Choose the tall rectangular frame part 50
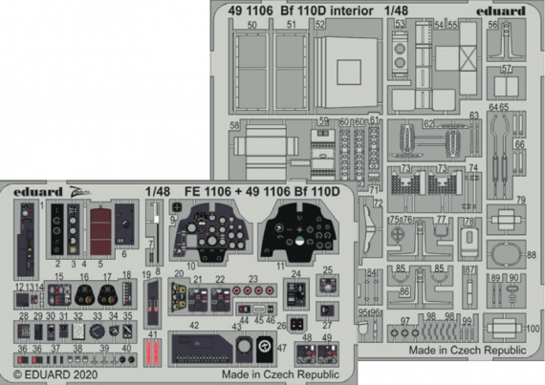[x=252, y=81]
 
